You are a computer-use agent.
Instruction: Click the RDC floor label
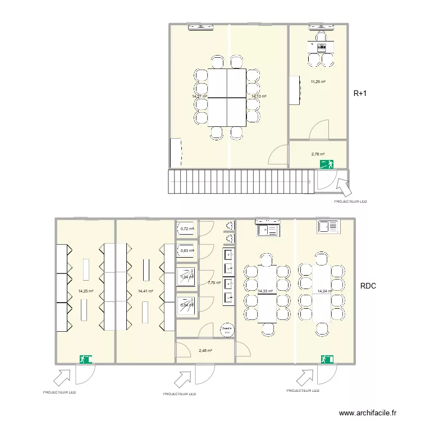pyautogui.click(x=368, y=286)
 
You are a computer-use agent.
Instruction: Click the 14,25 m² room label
pyautogui.click(x=85, y=291)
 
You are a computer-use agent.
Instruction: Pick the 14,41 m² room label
pyautogui.click(x=145, y=291)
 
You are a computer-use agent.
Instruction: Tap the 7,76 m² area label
pyautogui.click(x=214, y=283)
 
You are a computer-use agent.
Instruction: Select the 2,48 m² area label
pyautogui.click(x=205, y=350)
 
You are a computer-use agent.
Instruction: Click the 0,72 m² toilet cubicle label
pyautogui.click(x=187, y=228)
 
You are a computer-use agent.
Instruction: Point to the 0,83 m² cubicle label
pyautogui.click(x=187, y=250)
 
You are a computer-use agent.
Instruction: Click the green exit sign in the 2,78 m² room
pyautogui.click(x=326, y=164)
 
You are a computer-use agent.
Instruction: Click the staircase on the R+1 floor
pyautogui.click(x=240, y=181)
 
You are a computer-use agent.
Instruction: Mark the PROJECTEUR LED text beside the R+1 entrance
pyautogui.click(x=350, y=200)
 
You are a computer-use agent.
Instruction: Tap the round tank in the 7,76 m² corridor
pyautogui.click(x=227, y=329)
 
